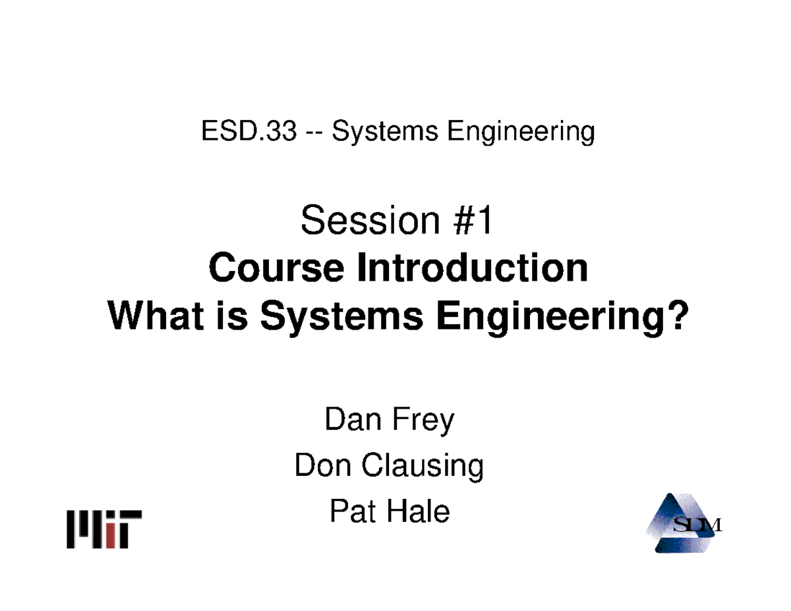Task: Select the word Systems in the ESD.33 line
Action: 384,134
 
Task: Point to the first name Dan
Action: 350,420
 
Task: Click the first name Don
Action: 320,466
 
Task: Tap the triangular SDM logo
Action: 682,525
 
